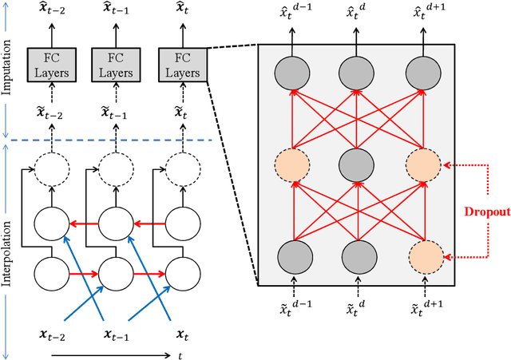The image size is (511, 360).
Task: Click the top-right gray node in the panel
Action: click(422, 74)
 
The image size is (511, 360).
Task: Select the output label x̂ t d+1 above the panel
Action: click(422, 14)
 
